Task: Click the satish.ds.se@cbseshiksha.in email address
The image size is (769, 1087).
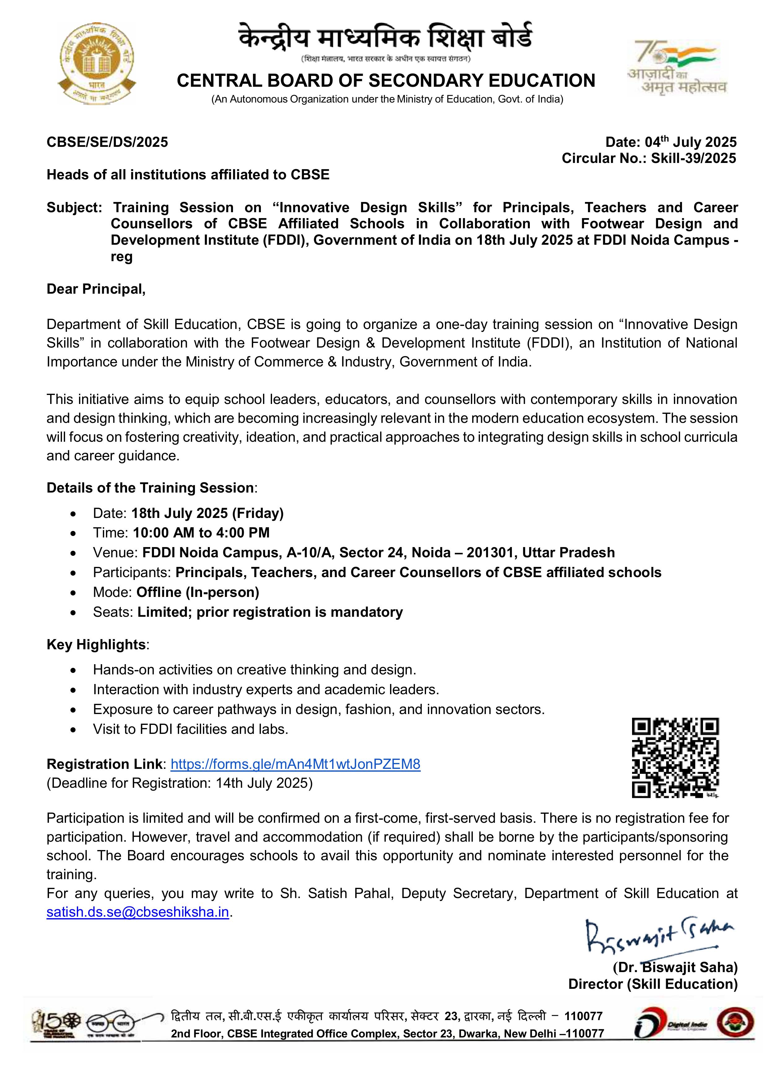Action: pos(137,912)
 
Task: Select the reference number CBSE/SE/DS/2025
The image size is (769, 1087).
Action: pos(107,142)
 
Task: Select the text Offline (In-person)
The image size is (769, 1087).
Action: pos(197,592)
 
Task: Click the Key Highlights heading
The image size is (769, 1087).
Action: pos(96,644)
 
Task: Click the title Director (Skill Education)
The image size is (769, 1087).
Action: pos(653,984)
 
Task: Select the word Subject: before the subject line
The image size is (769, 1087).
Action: pos(74,207)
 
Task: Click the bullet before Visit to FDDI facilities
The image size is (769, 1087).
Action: pos(73,730)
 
